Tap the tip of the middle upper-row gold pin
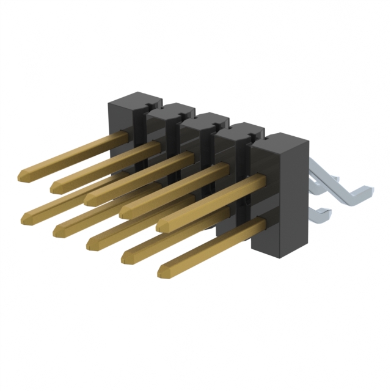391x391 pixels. coord(90,198)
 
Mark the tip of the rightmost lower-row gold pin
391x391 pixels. coord(163,272)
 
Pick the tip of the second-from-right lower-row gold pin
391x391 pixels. coord(127,259)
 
